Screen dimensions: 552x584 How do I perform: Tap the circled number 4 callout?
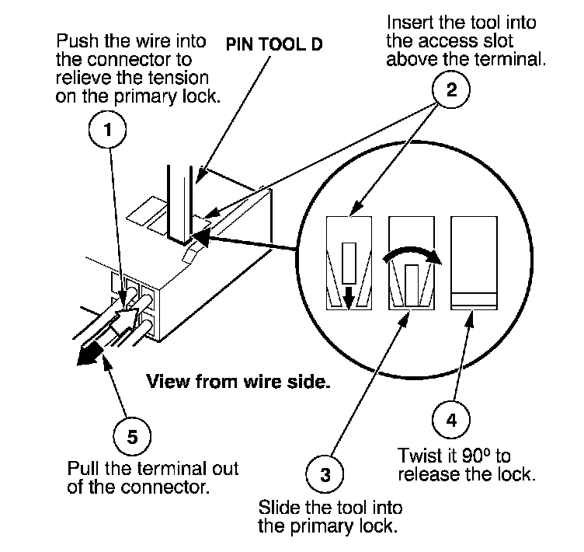pyautogui.click(x=452, y=420)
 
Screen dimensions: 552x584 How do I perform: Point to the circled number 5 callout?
pyautogui.click(x=132, y=436)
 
